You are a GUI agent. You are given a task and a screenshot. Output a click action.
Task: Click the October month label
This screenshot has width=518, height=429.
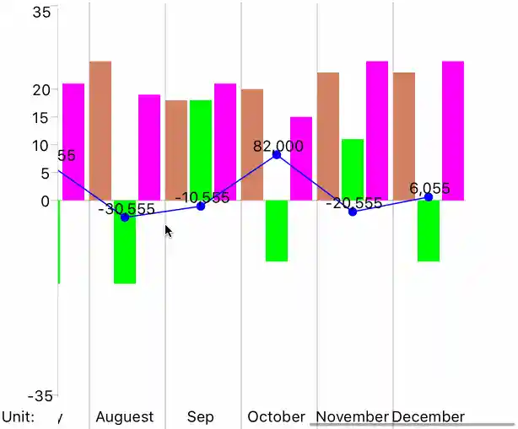tap(276, 416)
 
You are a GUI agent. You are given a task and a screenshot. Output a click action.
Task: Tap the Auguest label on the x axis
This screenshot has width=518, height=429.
tap(125, 416)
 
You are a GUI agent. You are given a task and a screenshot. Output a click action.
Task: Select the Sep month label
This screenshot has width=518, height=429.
tap(201, 416)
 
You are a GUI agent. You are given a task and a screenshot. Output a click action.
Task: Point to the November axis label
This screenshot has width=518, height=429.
tap(352, 416)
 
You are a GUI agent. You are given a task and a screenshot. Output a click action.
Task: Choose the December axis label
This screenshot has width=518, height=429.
tap(429, 416)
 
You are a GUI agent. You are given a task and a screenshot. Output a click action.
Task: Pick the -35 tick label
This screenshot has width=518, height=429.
tap(40, 396)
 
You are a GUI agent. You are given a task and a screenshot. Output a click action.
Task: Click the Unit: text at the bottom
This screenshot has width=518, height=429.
tap(18, 416)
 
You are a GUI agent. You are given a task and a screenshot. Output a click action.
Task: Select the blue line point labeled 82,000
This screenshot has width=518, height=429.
tap(277, 155)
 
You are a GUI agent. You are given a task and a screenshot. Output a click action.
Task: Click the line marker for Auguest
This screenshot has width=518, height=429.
tap(125, 217)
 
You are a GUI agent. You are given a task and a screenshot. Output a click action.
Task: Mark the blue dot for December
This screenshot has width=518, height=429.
tap(429, 197)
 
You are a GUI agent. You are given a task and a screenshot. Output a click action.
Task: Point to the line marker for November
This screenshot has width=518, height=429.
tap(353, 212)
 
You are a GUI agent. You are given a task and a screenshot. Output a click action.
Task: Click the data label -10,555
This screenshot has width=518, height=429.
tap(202, 198)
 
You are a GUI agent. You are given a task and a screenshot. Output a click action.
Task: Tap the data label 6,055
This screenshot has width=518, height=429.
tap(429, 189)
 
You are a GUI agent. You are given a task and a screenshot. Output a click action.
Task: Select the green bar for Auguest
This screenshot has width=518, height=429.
tap(125, 249)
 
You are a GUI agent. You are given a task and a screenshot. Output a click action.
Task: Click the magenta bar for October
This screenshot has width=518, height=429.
tap(301, 158)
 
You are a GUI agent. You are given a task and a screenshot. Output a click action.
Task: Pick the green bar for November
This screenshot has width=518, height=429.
tap(353, 169)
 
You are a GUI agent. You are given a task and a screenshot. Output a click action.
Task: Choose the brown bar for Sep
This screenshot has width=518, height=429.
tap(176, 150)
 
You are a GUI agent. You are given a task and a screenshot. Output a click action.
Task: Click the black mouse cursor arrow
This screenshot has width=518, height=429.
tap(168, 230)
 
